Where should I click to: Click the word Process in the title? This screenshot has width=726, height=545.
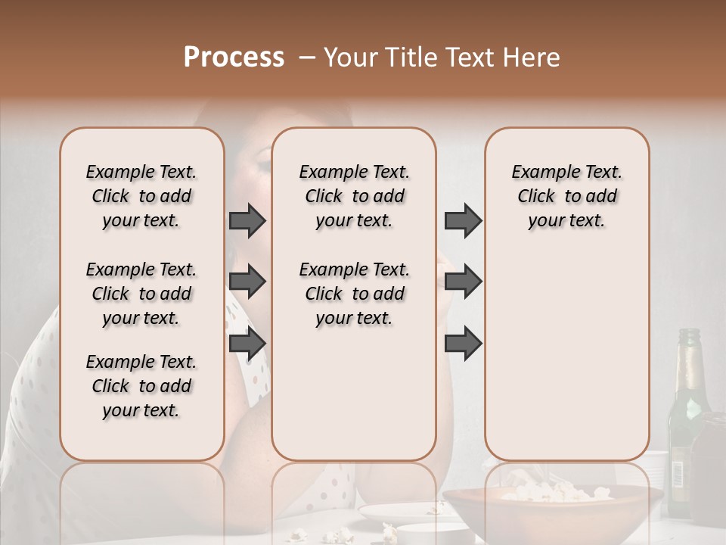click(234, 58)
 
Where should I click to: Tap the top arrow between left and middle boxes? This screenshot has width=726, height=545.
click(247, 220)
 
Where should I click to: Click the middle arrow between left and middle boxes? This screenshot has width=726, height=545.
click(247, 282)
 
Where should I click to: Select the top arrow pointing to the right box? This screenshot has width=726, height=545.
click(463, 220)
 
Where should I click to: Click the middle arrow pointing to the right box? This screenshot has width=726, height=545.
click(463, 282)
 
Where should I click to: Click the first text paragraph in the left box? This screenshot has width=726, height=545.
click(141, 196)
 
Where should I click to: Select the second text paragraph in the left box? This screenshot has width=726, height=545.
click(141, 294)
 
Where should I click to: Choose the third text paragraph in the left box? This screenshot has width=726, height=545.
click(141, 386)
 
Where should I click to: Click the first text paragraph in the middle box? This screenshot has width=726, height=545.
click(354, 196)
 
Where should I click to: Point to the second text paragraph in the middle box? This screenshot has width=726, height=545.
click(354, 294)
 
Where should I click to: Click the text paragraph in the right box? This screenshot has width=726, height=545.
click(567, 196)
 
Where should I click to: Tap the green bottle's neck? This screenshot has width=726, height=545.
click(689, 356)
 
